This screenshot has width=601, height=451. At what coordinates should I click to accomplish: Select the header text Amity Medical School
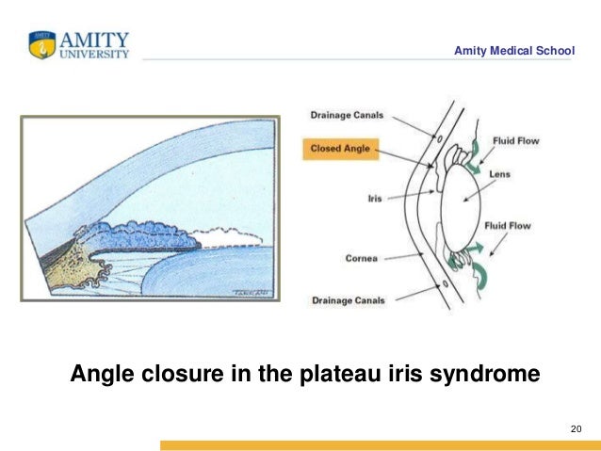(x=513, y=50)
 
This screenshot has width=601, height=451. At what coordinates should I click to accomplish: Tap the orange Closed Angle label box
(x=339, y=148)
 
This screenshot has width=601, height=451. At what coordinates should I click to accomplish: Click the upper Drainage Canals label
(x=348, y=116)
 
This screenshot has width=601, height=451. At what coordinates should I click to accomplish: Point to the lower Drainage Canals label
(x=348, y=300)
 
